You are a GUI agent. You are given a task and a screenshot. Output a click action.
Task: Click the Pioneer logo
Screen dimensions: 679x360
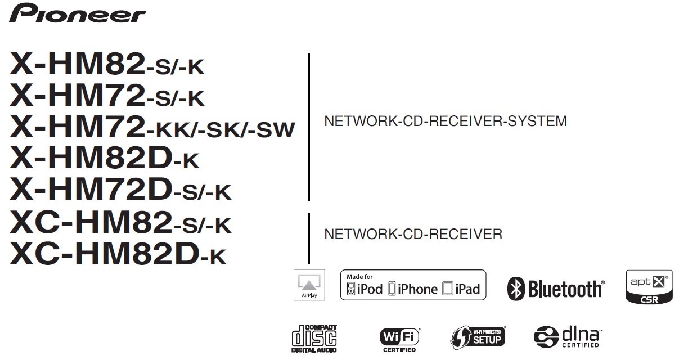coord(77,13)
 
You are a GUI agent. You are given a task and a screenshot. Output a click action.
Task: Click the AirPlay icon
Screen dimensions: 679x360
coord(309,285)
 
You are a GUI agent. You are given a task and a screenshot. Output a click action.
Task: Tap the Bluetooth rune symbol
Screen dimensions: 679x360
coord(516,289)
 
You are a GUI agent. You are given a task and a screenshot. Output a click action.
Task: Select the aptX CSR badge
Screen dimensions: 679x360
coord(649,287)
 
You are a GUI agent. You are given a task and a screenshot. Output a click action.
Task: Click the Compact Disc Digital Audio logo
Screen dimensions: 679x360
coord(314,339)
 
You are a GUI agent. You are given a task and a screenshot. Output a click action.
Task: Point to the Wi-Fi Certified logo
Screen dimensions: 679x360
coord(399,340)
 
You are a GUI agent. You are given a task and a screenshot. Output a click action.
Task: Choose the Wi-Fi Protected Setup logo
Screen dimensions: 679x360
coord(478,337)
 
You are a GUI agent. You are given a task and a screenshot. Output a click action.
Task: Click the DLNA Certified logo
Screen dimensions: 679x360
coord(568,337)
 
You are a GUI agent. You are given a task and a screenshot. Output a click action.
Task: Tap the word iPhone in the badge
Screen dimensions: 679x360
coord(417,289)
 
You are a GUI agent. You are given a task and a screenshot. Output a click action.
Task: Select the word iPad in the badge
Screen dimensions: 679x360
coord(467,289)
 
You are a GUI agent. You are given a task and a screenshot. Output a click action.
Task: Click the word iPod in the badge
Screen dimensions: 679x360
coord(370,289)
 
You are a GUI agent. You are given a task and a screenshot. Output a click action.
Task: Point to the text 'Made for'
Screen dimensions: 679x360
coord(359,277)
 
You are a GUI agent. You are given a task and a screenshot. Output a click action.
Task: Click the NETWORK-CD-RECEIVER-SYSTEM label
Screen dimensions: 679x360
coord(446,121)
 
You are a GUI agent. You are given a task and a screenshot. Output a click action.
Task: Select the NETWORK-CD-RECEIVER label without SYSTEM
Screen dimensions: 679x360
coord(413,234)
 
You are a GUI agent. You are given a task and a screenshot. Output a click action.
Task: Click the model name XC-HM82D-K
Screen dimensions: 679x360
coord(118,254)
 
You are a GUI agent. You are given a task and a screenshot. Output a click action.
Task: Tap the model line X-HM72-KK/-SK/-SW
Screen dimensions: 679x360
coord(152,127)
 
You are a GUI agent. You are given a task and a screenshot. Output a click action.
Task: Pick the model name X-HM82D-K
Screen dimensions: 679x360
coord(104,157)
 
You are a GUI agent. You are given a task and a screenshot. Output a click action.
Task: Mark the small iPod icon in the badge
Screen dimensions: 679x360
coord(351,289)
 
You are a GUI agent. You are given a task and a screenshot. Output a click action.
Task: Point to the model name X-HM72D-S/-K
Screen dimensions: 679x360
coord(120,189)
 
